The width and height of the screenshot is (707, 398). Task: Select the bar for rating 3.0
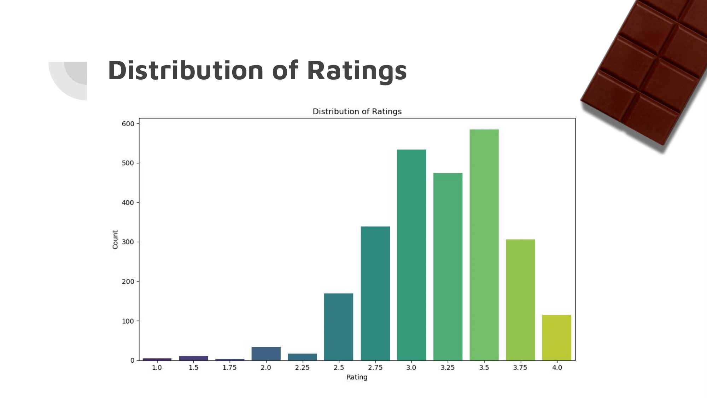pyautogui.click(x=411, y=255)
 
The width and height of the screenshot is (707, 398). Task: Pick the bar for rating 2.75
pyautogui.click(x=375, y=293)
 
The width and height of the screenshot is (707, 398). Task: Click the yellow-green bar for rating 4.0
pyautogui.click(x=556, y=338)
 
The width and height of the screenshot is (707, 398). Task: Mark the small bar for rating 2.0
pyautogui.click(x=266, y=353)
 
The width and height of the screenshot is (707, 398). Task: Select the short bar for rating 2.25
pyautogui.click(x=302, y=357)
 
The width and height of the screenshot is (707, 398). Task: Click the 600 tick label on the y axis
pyautogui.click(x=128, y=124)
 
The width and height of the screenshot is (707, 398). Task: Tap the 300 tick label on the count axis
pyautogui.click(x=128, y=242)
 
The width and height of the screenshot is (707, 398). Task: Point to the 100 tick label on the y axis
pyautogui.click(x=128, y=321)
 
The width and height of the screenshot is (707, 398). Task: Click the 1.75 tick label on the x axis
pyautogui.click(x=229, y=368)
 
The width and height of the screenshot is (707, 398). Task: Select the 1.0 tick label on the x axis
pyautogui.click(x=157, y=368)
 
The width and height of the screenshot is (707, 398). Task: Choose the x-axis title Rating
pyautogui.click(x=357, y=377)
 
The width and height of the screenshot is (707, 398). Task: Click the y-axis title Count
pyautogui.click(x=115, y=240)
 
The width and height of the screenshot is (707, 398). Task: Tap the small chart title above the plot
pyautogui.click(x=357, y=111)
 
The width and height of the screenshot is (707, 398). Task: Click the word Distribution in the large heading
pyautogui.click(x=186, y=70)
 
